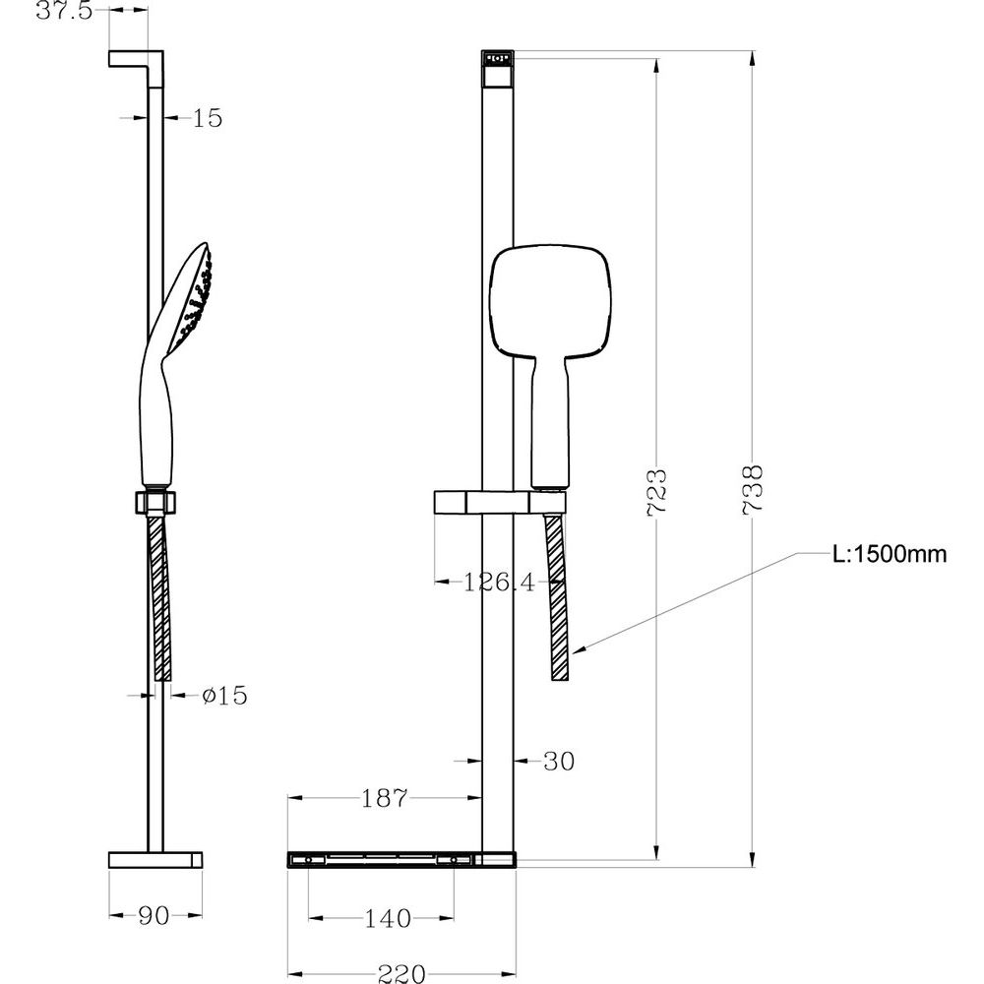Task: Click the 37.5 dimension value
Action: coord(64,11)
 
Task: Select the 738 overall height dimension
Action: coord(753,490)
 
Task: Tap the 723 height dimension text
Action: coord(657,493)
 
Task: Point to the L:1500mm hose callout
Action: coord(890,554)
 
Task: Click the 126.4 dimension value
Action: coord(500,583)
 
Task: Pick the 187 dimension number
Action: coord(385,798)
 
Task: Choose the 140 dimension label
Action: coord(388,919)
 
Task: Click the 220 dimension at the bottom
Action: coord(401,973)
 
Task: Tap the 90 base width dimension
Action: coord(154,916)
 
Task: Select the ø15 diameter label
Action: coord(224,696)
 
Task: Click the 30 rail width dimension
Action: coord(559,762)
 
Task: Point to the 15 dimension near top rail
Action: coord(207,118)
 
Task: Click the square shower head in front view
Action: coord(550,302)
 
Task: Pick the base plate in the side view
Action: coord(155,860)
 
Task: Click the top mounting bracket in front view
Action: coord(498,70)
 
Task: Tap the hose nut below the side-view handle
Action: coord(155,502)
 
